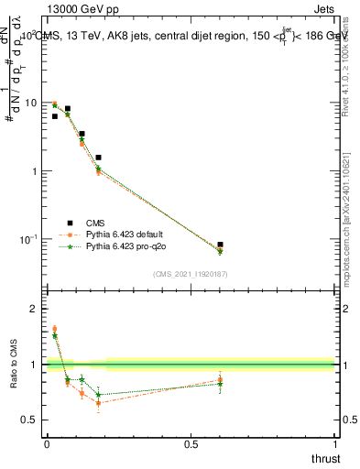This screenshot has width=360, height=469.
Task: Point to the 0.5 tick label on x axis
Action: point(191,444)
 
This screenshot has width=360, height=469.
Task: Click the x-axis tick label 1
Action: point(334,444)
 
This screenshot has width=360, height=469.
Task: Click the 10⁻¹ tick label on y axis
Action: point(27,239)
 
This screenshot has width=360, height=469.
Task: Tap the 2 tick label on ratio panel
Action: point(34,309)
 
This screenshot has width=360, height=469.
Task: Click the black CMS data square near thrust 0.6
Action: point(220,245)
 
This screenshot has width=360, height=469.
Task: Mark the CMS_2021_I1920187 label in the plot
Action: point(190,274)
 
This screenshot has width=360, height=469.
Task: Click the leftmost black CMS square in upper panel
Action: point(54,116)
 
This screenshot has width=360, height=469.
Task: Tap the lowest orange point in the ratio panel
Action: point(98,403)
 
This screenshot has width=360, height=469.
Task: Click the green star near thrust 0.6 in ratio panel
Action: point(220,384)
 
